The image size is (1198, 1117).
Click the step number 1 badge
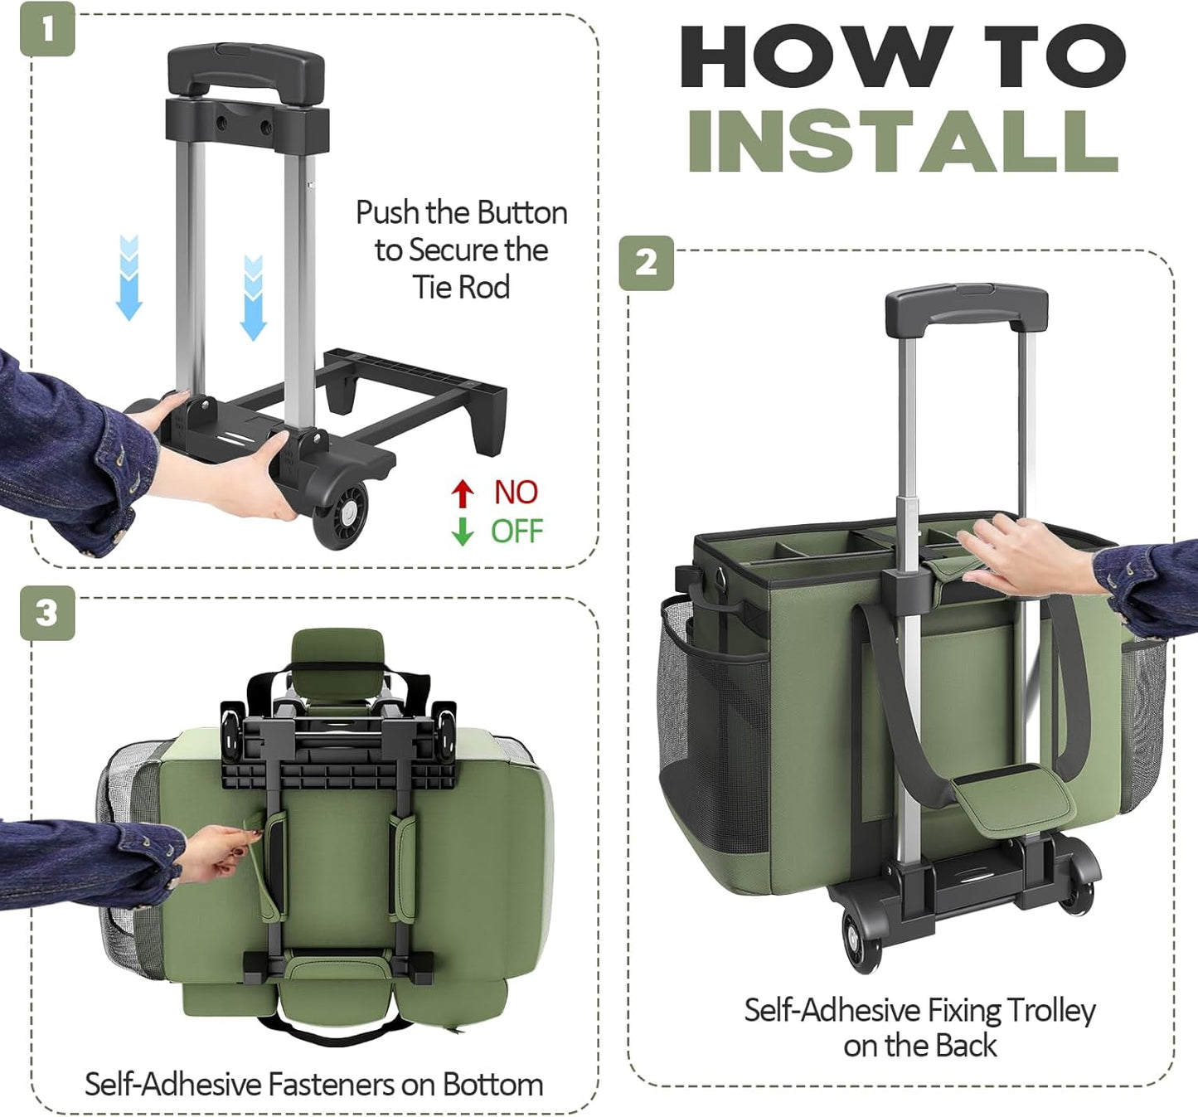(47, 29)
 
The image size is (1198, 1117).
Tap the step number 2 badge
(646, 263)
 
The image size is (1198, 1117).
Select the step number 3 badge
(47, 613)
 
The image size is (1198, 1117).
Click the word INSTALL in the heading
(903, 141)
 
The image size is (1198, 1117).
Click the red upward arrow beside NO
(463, 493)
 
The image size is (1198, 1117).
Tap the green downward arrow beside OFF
(463, 531)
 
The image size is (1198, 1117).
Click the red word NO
(516, 493)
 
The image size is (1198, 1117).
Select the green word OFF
(517, 531)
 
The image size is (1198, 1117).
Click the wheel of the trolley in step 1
(341, 514)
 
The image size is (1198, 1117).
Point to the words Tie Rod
(462, 287)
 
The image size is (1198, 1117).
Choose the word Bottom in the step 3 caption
(492, 1084)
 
